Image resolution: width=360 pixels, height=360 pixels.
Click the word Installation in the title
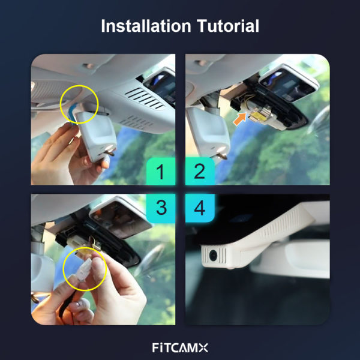[146, 26]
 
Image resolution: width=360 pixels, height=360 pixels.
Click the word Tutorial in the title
[228, 26]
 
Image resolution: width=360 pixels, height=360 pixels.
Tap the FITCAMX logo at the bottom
[180, 347]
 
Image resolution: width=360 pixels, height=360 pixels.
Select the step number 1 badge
[161, 171]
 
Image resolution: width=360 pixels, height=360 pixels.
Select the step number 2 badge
[200, 171]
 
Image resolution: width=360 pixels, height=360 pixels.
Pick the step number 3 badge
[161, 208]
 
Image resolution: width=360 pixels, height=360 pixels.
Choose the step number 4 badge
[200, 208]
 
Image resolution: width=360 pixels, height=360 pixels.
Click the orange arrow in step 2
[239, 119]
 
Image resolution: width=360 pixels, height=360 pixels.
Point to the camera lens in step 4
[213, 255]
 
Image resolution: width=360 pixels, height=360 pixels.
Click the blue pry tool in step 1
[73, 113]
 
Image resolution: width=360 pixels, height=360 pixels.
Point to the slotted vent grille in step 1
[144, 98]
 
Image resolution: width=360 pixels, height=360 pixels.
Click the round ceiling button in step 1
[89, 66]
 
